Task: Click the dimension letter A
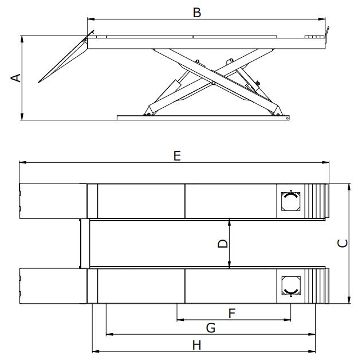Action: [x=16, y=78]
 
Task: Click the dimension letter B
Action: [x=197, y=13]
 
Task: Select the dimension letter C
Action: [x=343, y=243]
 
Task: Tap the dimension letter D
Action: [x=223, y=244]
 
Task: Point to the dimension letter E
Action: [x=177, y=156]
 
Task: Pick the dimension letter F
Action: [x=232, y=314]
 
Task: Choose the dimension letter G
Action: [x=211, y=328]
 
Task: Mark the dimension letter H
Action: [x=196, y=346]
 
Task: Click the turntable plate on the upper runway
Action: [x=290, y=201]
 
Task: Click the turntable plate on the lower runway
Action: [x=291, y=286]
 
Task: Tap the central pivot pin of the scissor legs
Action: [x=214, y=83]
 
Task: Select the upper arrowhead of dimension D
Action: [x=229, y=222]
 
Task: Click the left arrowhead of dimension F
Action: [x=180, y=320]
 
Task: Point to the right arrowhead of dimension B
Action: [x=322, y=19]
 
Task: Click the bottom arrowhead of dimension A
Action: [x=22, y=116]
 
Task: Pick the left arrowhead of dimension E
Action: [x=23, y=162]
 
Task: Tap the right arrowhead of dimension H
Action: [x=312, y=351]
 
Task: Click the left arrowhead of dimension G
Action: [x=109, y=334]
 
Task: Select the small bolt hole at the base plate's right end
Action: [x=287, y=118]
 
